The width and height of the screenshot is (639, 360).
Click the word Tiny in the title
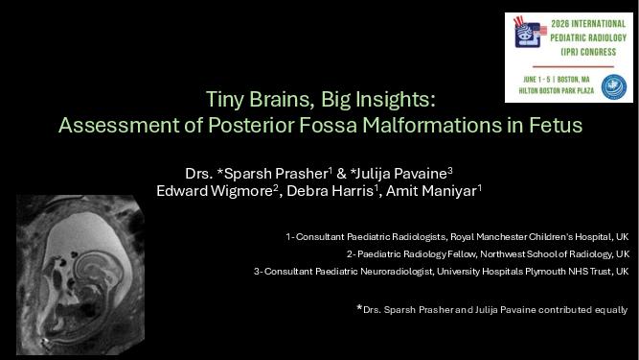coord(224,99)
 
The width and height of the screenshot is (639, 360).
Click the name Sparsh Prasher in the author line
coord(276,174)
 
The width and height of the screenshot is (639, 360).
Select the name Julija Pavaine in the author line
coord(401,174)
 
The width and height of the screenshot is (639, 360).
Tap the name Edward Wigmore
coord(215,191)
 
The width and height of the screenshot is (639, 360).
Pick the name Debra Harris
coord(331,191)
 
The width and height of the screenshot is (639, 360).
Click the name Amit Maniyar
coord(431,191)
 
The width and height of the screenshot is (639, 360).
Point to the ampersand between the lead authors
coord(341,174)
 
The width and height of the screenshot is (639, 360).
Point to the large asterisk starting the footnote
coord(359,307)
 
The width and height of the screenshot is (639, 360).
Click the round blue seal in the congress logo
coord(614,87)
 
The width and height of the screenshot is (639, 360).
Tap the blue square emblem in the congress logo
coord(527,35)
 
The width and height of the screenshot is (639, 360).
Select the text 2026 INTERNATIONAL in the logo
coord(588,24)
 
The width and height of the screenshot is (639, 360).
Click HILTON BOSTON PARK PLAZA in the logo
coord(557,90)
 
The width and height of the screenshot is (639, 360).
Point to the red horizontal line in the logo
coord(573,66)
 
